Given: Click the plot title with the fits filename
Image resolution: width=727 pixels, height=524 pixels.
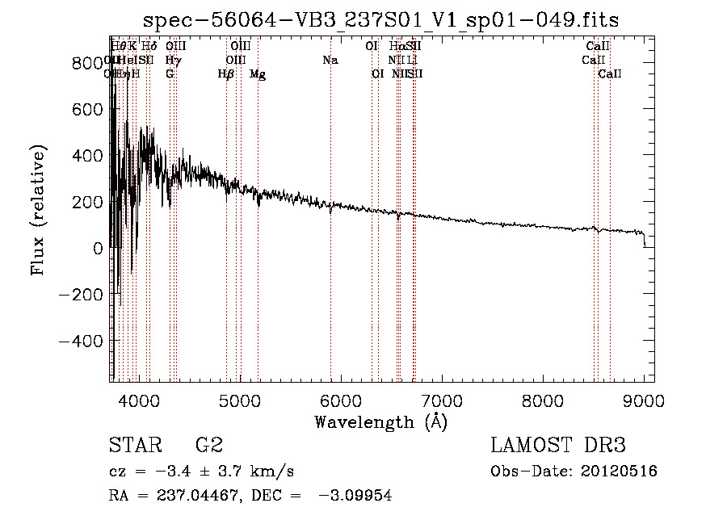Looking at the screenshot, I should [381, 20].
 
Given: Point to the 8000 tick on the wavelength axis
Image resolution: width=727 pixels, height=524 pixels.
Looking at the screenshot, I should [543, 400].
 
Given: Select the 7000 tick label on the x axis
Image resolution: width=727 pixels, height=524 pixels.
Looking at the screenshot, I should [442, 400].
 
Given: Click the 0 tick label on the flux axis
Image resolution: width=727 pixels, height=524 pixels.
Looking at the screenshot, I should [97, 249].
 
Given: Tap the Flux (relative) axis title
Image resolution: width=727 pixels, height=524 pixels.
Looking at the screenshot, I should [38, 210].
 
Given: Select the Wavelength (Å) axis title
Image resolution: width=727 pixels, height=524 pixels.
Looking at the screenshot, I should [380, 421].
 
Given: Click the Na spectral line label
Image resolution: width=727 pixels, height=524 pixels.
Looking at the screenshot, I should [330, 61].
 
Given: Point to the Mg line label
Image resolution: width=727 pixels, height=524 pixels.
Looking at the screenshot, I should [258, 74].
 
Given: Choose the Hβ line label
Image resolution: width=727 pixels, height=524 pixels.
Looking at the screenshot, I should [226, 74].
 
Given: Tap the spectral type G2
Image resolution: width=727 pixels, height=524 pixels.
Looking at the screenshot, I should [209, 446].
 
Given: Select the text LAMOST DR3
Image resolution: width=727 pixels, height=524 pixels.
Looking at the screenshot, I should [558, 446].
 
